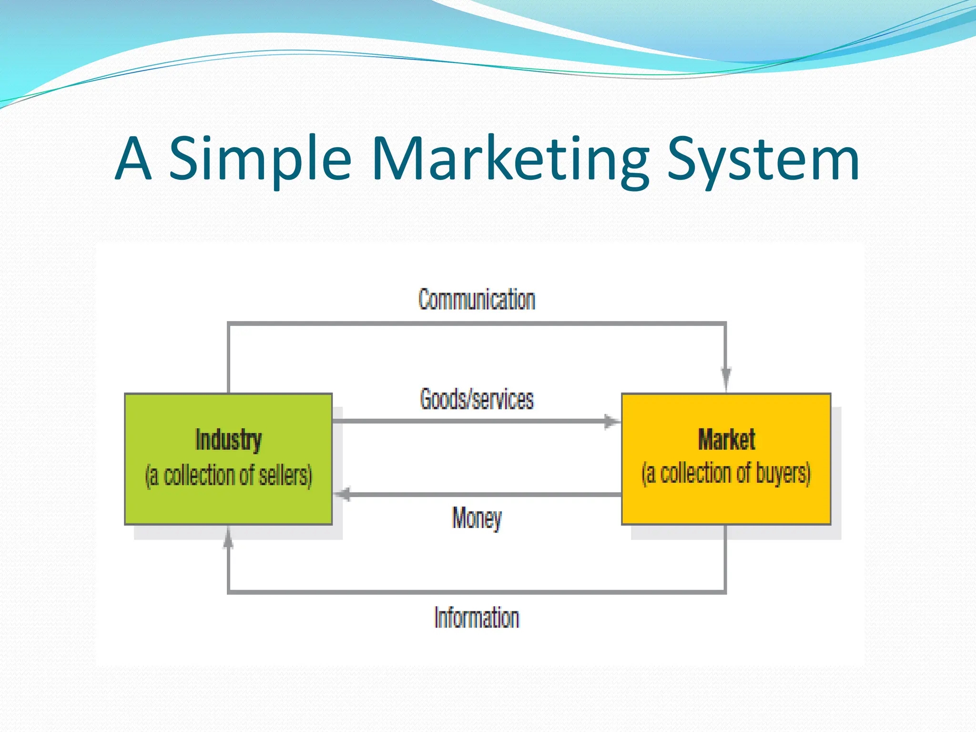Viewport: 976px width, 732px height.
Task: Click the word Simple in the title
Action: click(260, 160)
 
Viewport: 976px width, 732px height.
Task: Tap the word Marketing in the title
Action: click(510, 160)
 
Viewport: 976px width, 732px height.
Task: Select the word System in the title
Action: click(762, 160)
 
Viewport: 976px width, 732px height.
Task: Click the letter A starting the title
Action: click(133, 160)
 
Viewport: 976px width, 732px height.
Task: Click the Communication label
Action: click(477, 300)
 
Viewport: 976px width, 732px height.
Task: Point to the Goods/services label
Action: click(477, 399)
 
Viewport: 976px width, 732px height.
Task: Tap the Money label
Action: click(477, 518)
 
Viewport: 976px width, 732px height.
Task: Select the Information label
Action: click(477, 618)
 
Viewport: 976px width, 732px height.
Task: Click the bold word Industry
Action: click(228, 439)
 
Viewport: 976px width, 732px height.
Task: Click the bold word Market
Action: click(726, 439)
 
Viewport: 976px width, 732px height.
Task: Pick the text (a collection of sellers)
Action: click(228, 476)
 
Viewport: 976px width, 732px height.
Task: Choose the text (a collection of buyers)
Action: click(726, 474)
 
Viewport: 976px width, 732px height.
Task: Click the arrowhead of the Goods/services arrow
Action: click(612, 421)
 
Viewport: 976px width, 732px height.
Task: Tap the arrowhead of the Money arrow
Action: click(342, 494)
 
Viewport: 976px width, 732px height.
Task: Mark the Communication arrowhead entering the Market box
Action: click(726, 379)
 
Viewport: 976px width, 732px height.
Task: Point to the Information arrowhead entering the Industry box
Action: click(228, 539)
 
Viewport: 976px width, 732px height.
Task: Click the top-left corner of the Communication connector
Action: click(229, 324)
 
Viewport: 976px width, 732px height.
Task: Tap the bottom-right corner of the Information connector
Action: click(725, 592)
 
